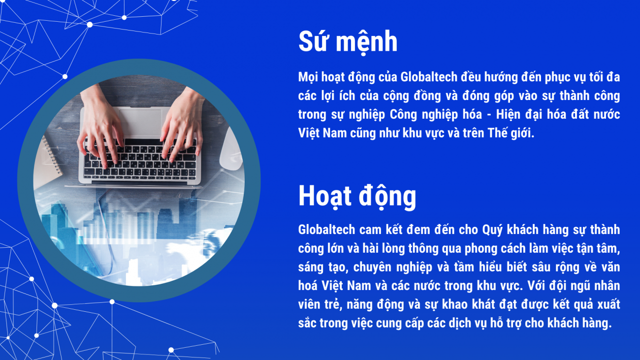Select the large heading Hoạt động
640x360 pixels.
[x=357, y=196]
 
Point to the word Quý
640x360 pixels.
[x=492, y=230]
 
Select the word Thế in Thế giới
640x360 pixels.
[x=497, y=133]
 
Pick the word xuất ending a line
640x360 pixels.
[x=608, y=304]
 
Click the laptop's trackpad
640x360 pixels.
[x=140, y=122]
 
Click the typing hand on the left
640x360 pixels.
[x=98, y=126]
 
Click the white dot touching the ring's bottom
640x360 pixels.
[x=112, y=302]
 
